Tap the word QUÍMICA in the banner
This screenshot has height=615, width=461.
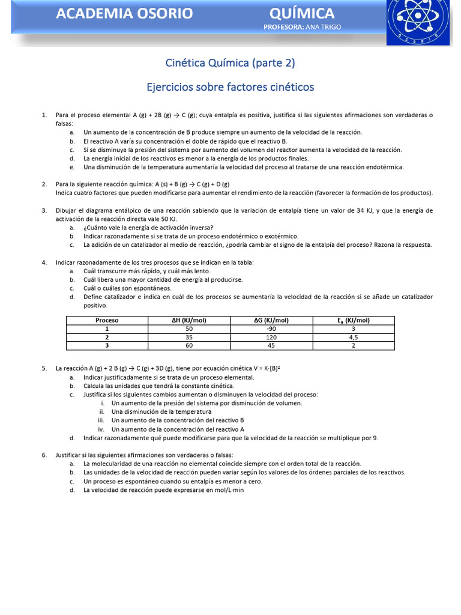coord(302,13)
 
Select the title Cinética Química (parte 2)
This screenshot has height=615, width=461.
coord(230,63)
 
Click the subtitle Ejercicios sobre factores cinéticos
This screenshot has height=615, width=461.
coord(230,87)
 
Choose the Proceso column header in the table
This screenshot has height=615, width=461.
coord(107,320)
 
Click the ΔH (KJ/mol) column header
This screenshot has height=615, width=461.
coord(189,320)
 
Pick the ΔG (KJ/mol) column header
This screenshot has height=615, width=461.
coord(271,320)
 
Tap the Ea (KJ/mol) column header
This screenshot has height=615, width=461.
coord(354,320)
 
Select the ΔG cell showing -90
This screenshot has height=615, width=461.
coord(271,329)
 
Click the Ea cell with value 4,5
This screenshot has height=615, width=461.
coord(354,337)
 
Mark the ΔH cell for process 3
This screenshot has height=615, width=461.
coord(189,345)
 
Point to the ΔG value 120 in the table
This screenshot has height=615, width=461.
coord(271,337)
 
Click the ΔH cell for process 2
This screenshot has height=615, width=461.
coord(189,337)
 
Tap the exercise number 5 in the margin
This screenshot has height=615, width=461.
coord(44,368)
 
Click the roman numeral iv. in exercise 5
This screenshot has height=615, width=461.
coord(101,429)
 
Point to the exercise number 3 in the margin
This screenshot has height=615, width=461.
coord(44,210)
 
